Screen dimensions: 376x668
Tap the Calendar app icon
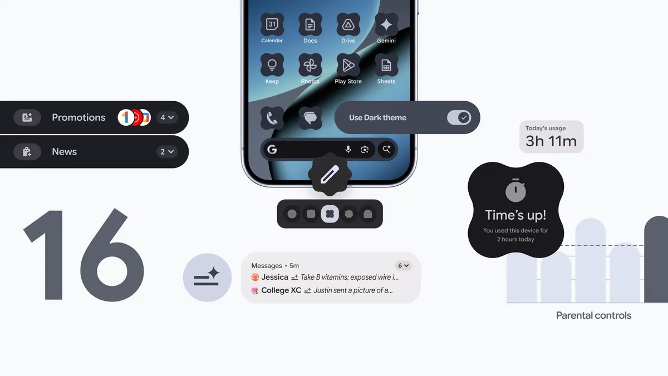272,24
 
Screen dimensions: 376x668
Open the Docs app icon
310,24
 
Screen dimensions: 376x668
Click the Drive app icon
348,24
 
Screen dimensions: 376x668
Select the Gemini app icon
386,24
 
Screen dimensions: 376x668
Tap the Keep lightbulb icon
272,65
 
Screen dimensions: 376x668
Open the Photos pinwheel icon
310,65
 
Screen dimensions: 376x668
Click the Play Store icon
348,65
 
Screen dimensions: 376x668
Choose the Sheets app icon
386,65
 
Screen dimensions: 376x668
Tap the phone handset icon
272,118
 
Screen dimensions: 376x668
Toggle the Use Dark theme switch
459,117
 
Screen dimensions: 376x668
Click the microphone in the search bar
348,149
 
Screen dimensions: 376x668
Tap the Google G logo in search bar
272,149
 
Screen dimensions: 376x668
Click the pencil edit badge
330,176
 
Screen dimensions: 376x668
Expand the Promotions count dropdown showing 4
167,117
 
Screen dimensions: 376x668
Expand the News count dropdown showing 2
167,151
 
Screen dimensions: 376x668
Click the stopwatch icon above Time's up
515,191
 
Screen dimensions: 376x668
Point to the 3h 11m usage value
551,141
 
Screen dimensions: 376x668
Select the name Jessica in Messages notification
274,277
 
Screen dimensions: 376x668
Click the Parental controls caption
593,315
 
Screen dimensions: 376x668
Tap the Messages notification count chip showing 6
402,266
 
